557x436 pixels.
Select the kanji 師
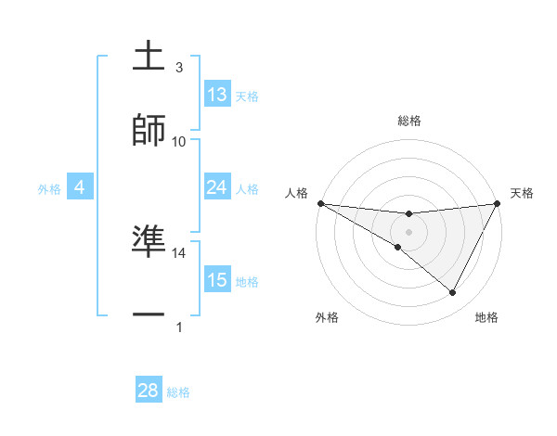click(149, 129)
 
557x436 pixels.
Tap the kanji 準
click(149, 240)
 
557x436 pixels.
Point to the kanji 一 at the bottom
click(149, 315)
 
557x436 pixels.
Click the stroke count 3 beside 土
click(179, 68)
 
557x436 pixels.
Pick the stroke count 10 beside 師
click(179, 141)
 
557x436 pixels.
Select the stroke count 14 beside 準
click(179, 252)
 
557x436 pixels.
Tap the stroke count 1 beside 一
click(179, 327)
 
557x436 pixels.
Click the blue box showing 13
click(217, 95)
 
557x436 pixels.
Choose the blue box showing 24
click(217, 187)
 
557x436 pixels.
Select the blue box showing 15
click(217, 280)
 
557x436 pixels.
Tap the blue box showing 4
click(80, 187)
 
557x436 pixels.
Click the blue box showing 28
click(149, 391)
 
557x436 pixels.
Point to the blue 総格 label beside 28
click(178, 392)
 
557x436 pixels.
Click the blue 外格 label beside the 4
click(48, 189)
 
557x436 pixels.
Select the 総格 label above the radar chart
click(409, 121)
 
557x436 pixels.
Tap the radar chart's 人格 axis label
click(296, 192)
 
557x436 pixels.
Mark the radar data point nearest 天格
click(498, 204)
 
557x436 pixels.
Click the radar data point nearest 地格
click(453, 293)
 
